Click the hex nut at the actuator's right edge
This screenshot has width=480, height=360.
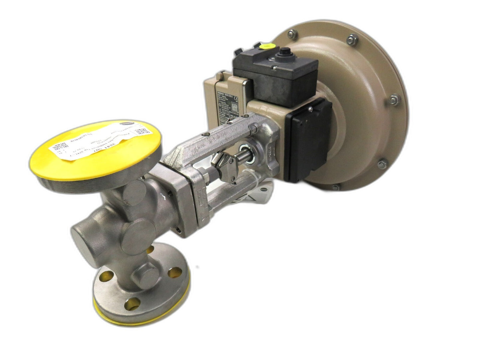click(x=393, y=98)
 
